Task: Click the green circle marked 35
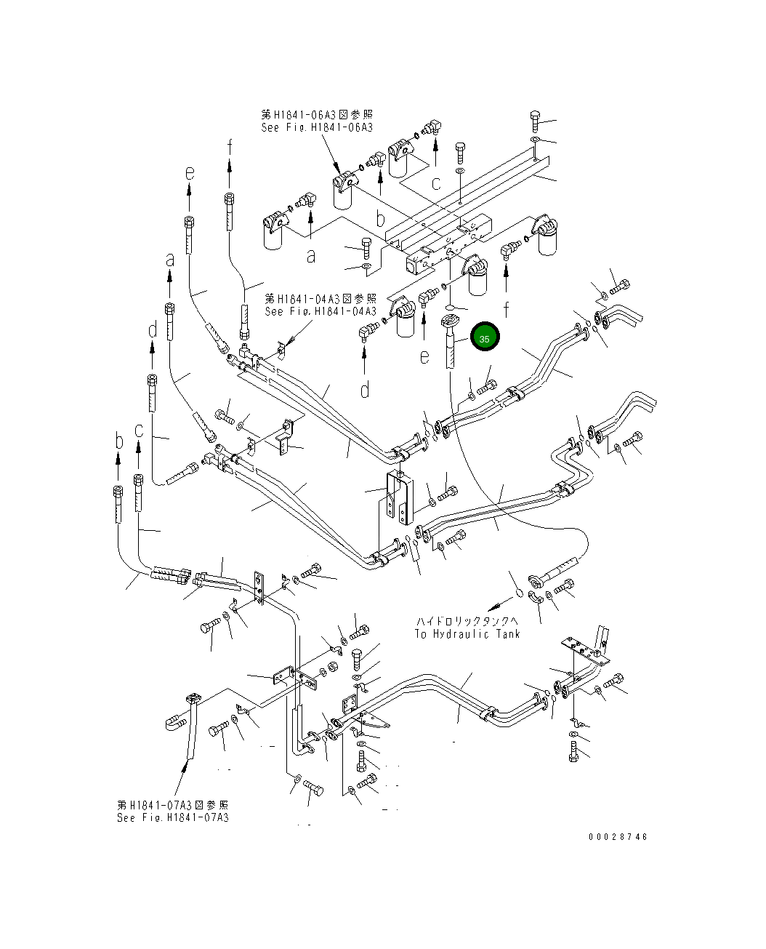[x=485, y=337]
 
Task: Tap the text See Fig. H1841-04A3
[x=320, y=311]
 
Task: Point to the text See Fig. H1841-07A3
[x=173, y=817]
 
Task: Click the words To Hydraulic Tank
[x=467, y=633]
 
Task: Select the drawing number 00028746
[x=618, y=836]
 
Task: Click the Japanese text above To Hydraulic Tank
[x=467, y=621]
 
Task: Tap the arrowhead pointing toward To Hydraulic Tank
[x=491, y=606]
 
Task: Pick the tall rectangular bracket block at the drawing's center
[x=398, y=497]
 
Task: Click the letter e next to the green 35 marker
[x=424, y=356]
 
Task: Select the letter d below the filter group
[x=365, y=390]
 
